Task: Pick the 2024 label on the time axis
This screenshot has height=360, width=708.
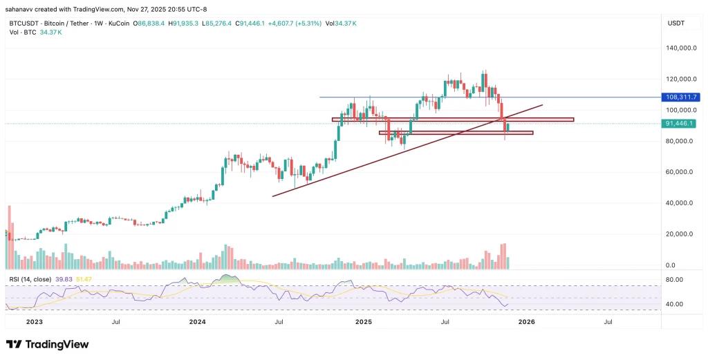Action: tap(198, 322)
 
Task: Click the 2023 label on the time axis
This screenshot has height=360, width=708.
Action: tap(34, 322)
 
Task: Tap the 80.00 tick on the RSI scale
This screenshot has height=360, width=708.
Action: tap(673, 280)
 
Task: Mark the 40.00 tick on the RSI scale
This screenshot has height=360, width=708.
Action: tap(673, 304)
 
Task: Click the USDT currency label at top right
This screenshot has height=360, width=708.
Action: tap(676, 23)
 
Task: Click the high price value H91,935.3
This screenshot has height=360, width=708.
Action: tap(183, 23)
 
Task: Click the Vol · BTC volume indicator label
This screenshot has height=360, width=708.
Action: tap(22, 32)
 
